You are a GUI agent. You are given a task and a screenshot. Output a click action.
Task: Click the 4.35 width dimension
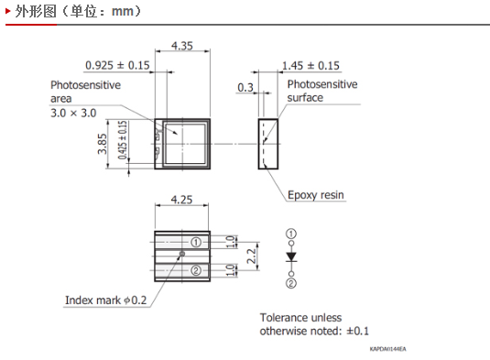pyautogui.click(x=182, y=46)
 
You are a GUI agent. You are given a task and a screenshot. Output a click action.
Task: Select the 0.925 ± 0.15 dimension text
pyautogui.click(x=117, y=65)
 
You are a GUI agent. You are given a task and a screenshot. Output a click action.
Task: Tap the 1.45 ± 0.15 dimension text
pyautogui.click(x=310, y=66)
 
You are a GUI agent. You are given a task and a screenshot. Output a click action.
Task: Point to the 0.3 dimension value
pyautogui.click(x=245, y=88)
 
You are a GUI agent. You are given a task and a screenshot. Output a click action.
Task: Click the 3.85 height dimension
pyautogui.click(x=103, y=144)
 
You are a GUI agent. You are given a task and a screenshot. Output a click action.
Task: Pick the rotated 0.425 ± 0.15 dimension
pyautogui.click(x=123, y=139)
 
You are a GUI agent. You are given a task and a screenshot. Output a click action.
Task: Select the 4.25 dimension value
pyautogui.click(x=181, y=200)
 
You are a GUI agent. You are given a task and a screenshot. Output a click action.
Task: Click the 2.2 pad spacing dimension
pyautogui.click(x=251, y=256)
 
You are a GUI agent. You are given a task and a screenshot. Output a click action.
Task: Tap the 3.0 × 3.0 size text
pyautogui.click(x=73, y=113)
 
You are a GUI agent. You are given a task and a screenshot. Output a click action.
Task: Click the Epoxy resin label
pyautogui.click(x=316, y=195)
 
